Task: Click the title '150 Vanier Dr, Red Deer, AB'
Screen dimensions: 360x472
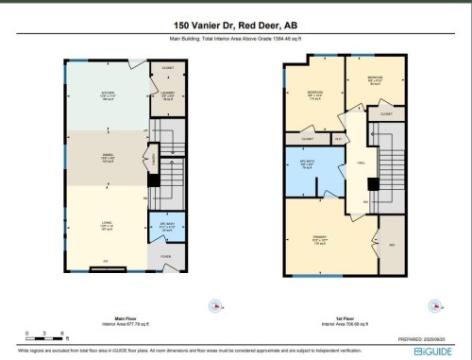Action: pyautogui.click(x=235, y=26)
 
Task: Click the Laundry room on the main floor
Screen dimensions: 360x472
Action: pyautogui.click(x=167, y=94)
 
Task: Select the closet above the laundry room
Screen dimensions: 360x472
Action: pyautogui.click(x=168, y=69)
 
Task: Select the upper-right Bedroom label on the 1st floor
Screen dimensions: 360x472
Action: pyautogui.click(x=375, y=78)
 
